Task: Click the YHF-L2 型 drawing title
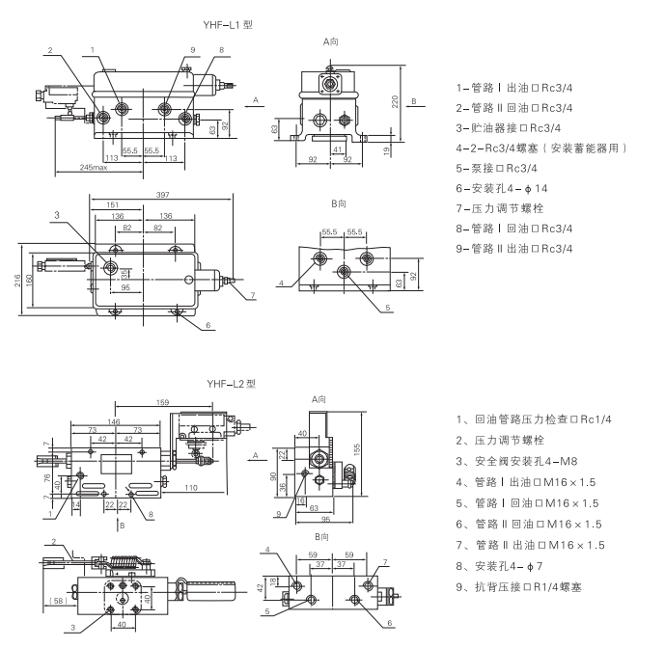pyautogui.click(x=230, y=383)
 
